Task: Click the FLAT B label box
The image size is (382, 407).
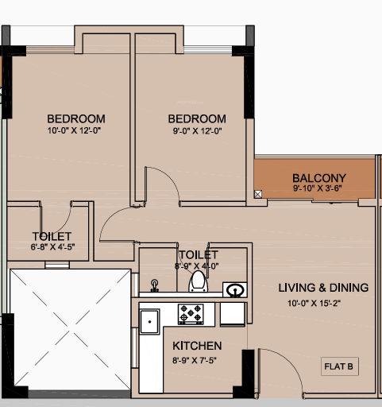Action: tap(340, 366)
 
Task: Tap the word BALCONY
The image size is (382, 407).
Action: tap(318, 177)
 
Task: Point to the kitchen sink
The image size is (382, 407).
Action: tap(149, 320)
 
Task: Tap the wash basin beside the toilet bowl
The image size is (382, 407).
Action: tap(233, 289)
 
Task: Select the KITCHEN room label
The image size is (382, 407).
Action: tap(197, 346)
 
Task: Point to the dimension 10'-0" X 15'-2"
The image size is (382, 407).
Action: tap(317, 303)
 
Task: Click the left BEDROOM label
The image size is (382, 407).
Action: tap(75, 118)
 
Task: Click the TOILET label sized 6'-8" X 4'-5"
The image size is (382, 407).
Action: tap(52, 236)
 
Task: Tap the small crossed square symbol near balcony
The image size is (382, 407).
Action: tap(258, 194)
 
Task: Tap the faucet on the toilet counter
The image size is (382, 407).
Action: tap(155, 284)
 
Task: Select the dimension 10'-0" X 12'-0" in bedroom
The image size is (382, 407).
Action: tap(75, 130)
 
